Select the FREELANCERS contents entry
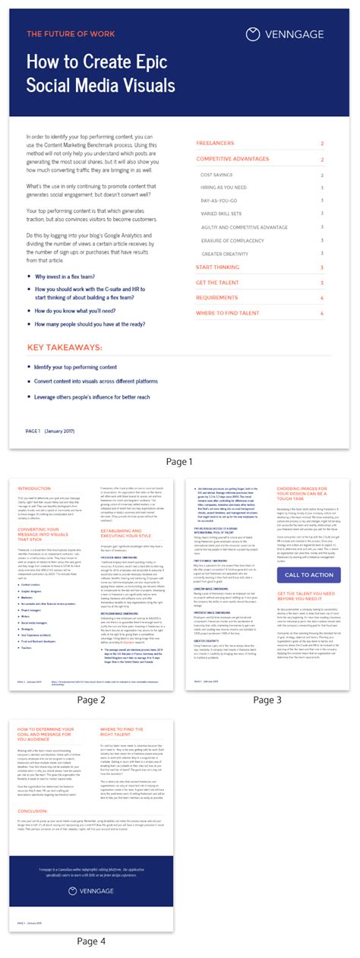215,143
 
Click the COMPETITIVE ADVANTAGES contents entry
232,160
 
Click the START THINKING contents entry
218,267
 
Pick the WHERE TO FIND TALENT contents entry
228,313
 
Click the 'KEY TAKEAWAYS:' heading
65,347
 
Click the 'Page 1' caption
179,461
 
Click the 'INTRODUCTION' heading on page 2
34,488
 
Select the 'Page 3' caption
267,700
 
